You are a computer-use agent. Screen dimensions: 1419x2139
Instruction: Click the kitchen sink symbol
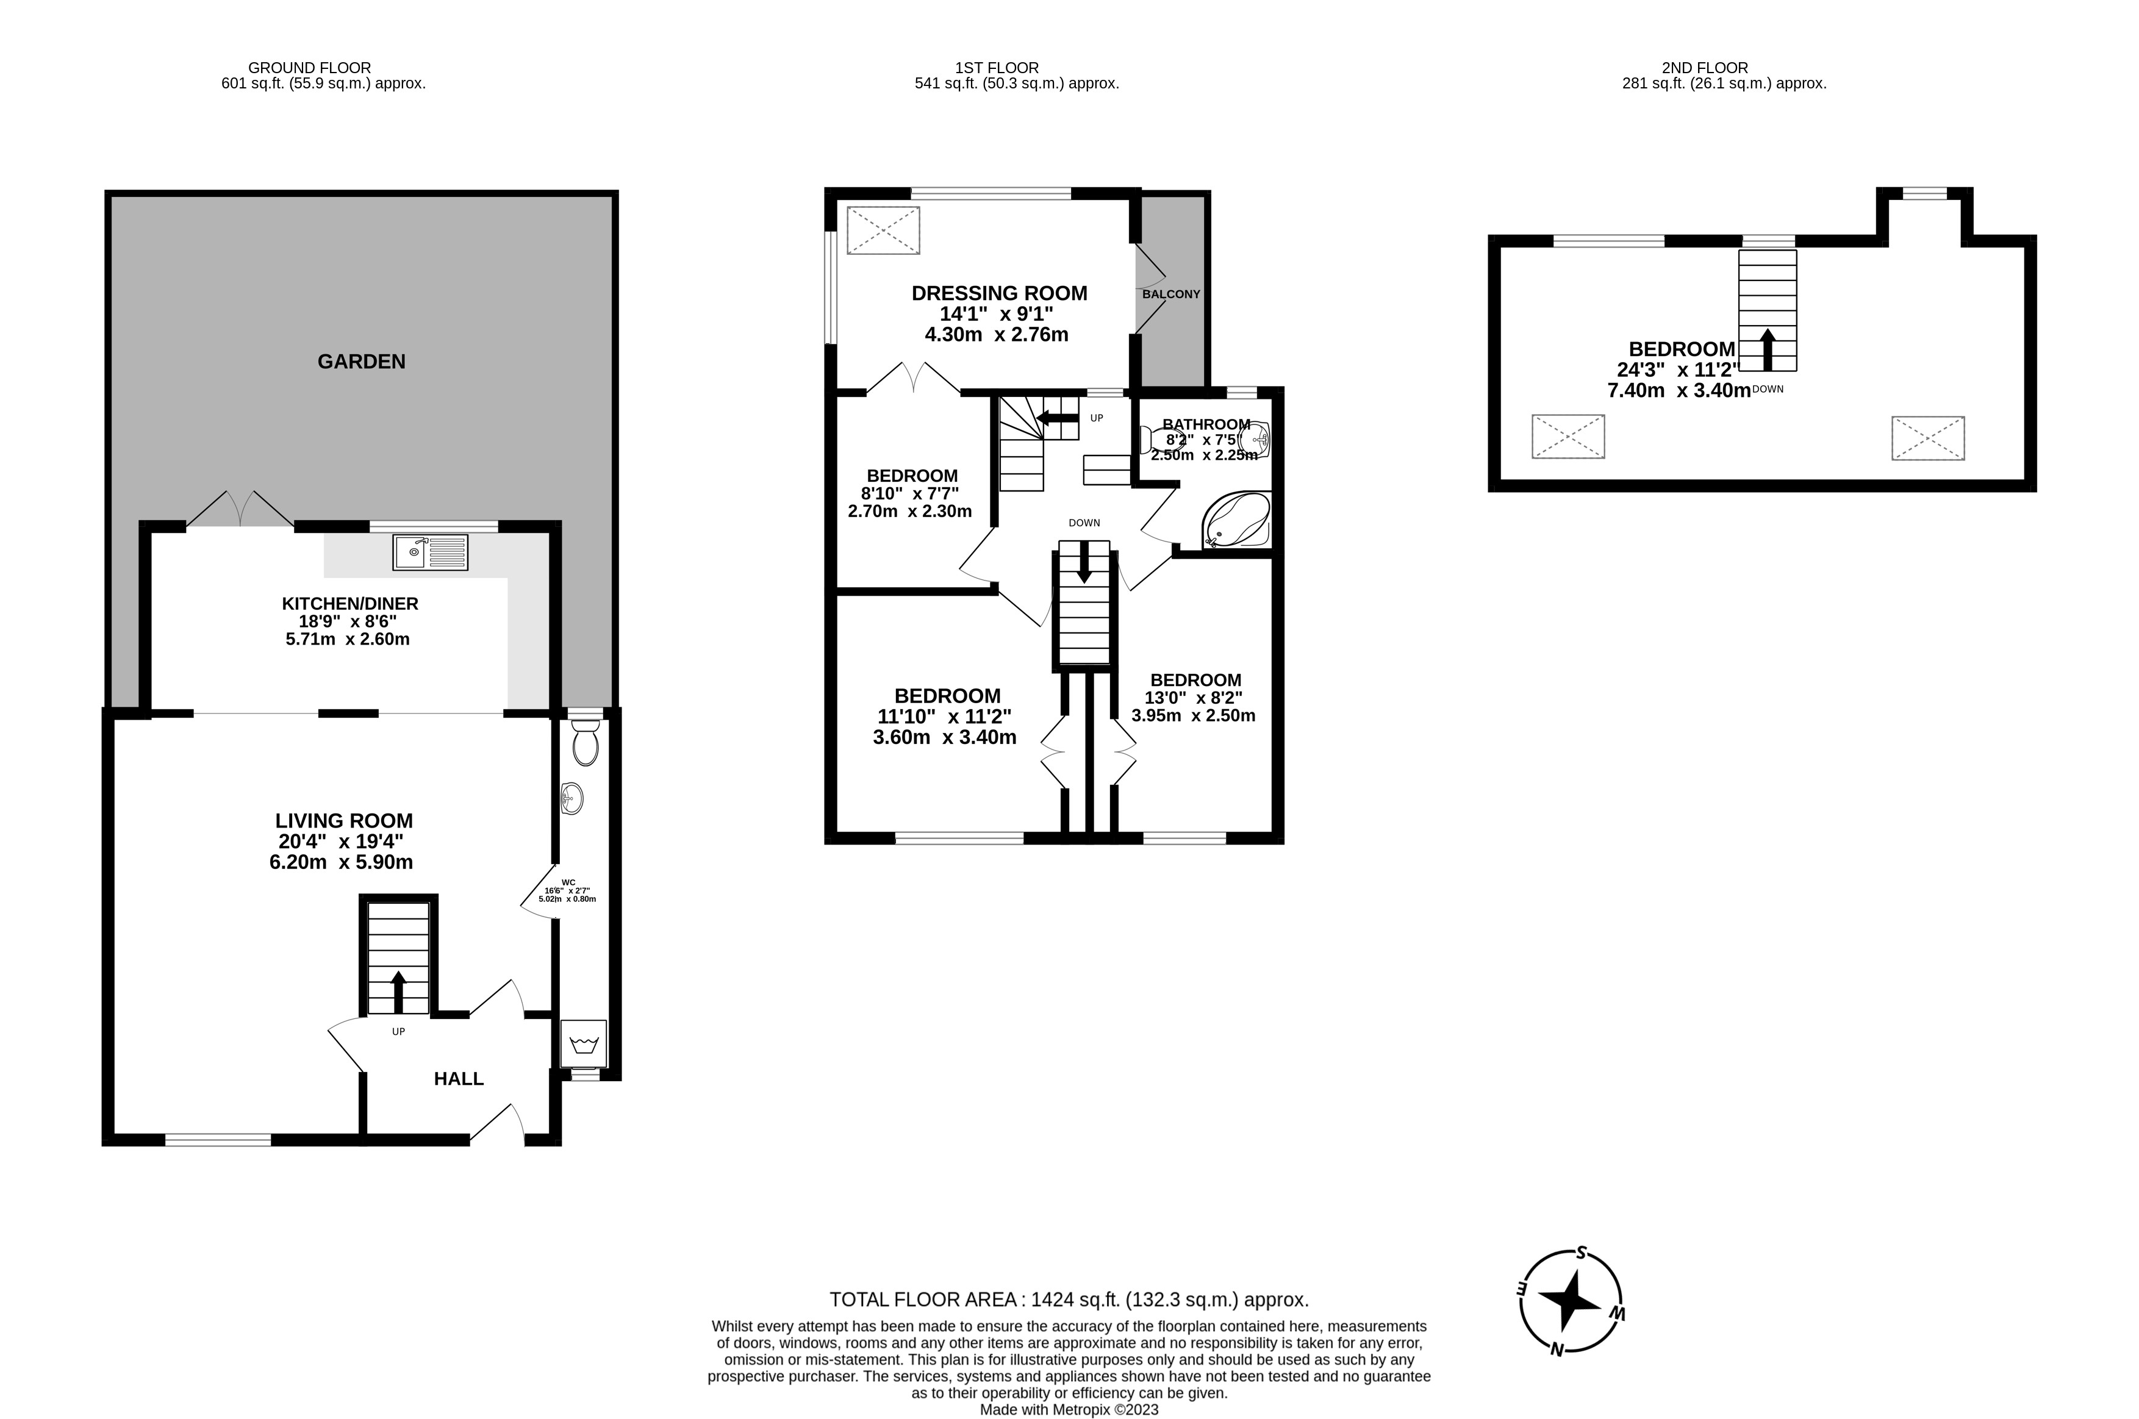430,552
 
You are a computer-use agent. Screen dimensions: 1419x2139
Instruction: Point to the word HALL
459,1079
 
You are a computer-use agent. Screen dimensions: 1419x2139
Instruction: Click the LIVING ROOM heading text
344,821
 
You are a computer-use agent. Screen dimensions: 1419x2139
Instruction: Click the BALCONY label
1170,294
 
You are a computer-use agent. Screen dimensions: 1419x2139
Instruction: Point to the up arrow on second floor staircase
1767,349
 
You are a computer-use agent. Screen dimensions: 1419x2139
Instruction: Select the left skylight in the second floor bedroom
1568,436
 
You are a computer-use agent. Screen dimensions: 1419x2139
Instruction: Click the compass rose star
1571,1303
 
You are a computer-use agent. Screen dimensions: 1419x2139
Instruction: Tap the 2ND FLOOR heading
1705,68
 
